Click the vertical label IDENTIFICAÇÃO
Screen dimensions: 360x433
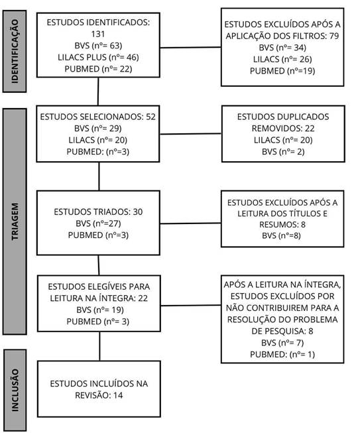tap(15, 51)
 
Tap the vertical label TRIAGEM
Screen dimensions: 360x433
tap(15, 221)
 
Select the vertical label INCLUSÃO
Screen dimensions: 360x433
tap(15, 390)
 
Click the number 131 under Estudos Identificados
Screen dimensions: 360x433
tap(98, 34)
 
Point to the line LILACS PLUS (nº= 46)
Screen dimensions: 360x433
tap(98, 57)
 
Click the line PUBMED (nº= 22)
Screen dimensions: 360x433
tap(98, 69)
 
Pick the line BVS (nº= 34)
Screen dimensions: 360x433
tap(282, 48)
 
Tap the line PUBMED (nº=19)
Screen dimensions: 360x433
tap(282, 71)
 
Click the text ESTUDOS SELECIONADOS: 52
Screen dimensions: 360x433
tap(98, 117)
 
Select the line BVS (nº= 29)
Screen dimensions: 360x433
tap(98, 129)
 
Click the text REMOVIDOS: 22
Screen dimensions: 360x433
tap(283, 129)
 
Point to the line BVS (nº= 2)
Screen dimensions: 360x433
tap(283, 152)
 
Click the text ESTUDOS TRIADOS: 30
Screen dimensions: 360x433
tap(98, 212)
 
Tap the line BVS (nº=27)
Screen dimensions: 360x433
tap(98, 223)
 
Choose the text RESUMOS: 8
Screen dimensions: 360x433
tap(282, 225)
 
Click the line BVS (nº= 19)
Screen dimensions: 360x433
tap(100, 310)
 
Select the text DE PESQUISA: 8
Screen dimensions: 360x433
tap(282, 331)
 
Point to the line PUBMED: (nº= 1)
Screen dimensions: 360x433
tap(282, 354)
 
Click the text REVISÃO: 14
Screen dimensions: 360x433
tap(99, 395)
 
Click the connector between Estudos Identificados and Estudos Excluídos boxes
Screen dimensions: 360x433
tap(190, 48)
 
